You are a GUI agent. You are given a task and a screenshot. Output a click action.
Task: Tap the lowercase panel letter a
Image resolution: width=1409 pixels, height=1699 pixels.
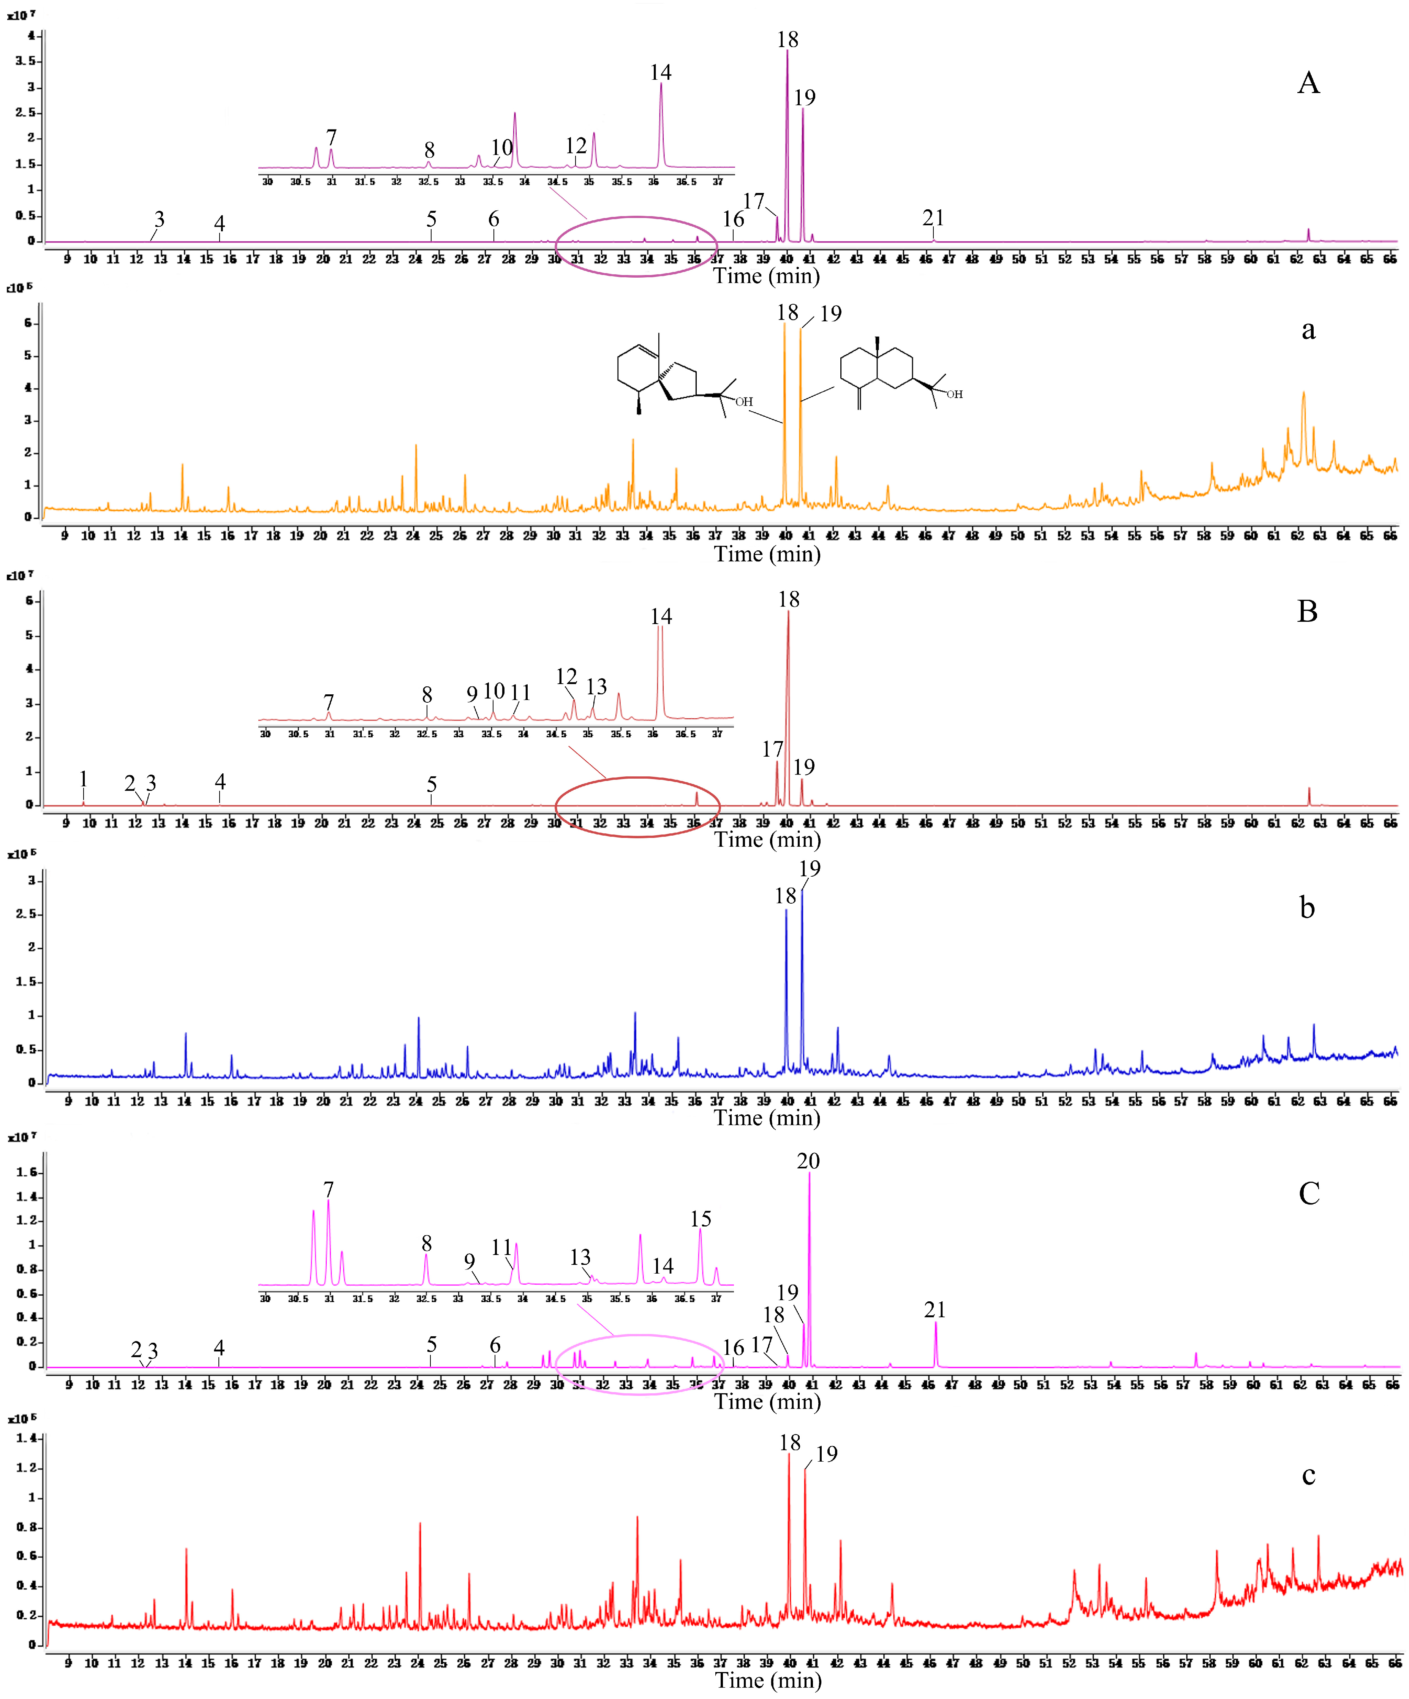1308,330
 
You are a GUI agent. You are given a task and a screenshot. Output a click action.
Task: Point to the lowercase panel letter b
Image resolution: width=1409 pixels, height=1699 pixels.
1307,908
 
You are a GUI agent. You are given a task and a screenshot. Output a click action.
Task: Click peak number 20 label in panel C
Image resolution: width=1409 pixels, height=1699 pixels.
808,1161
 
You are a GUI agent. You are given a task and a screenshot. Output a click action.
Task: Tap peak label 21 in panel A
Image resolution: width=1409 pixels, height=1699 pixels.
933,218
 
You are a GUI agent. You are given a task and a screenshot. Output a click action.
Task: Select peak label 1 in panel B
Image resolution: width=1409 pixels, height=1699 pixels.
83,778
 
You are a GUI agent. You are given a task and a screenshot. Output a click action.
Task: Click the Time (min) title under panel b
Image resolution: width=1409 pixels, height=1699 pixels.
766,1118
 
